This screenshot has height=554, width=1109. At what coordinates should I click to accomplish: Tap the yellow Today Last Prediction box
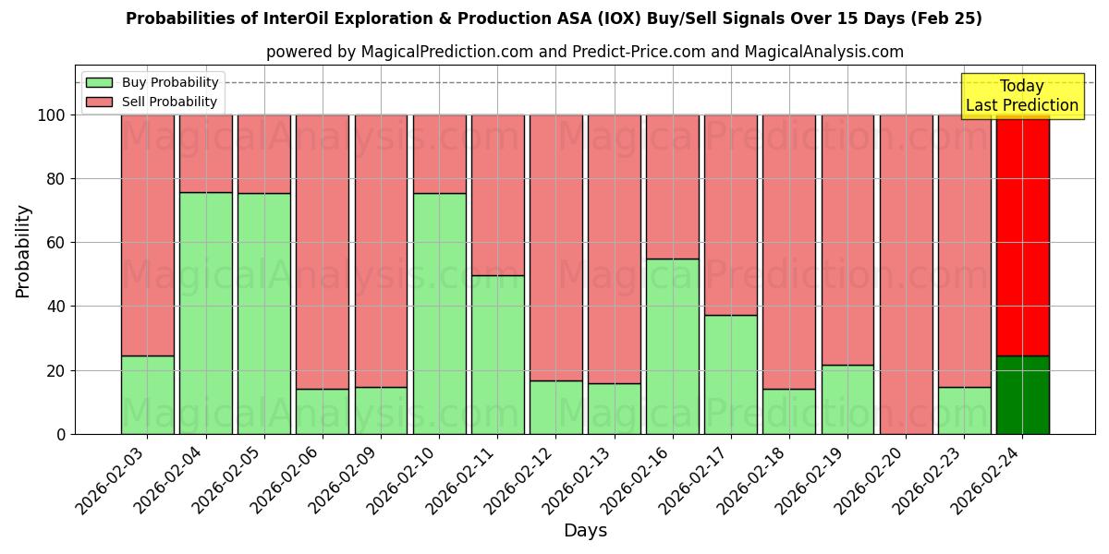[x=1021, y=96]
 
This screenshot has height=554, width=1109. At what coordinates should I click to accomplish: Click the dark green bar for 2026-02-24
[x=1022, y=395]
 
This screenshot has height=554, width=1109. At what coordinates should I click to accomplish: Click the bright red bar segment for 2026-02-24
[x=1022, y=235]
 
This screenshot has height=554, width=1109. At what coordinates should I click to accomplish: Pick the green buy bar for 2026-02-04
[x=206, y=313]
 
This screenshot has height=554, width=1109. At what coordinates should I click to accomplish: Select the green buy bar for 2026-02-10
[x=440, y=314]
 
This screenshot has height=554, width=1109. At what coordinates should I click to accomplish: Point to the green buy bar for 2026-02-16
[x=673, y=346]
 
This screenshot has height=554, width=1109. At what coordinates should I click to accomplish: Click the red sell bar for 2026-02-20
[x=907, y=274]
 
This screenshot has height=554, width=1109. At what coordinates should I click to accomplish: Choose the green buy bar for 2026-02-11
[x=498, y=355]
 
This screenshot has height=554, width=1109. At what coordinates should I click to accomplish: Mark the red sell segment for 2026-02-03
[x=148, y=235]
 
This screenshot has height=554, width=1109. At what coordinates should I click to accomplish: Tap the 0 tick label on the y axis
[x=61, y=434]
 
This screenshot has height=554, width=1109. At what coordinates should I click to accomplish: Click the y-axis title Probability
[x=24, y=250]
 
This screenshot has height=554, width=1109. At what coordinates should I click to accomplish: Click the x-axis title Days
[x=585, y=531]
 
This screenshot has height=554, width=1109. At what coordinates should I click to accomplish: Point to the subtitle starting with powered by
[x=585, y=52]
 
